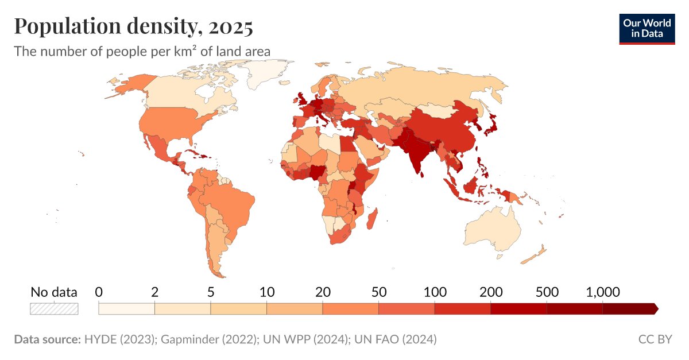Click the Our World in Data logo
click(x=646, y=29)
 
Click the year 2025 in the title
click(x=230, y=26)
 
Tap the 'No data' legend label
click(x=54, y=292)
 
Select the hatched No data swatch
click(x=54, y=308)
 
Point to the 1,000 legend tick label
click(x=602, y=292)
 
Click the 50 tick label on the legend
click(x=378, y=292)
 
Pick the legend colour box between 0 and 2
click(x=126, y=309)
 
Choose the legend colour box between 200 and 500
click(x=518, y=309)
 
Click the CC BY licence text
click(x=655, y=339)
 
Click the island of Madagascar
click(x=372, y=219)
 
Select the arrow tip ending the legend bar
click(x=656, y=309)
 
